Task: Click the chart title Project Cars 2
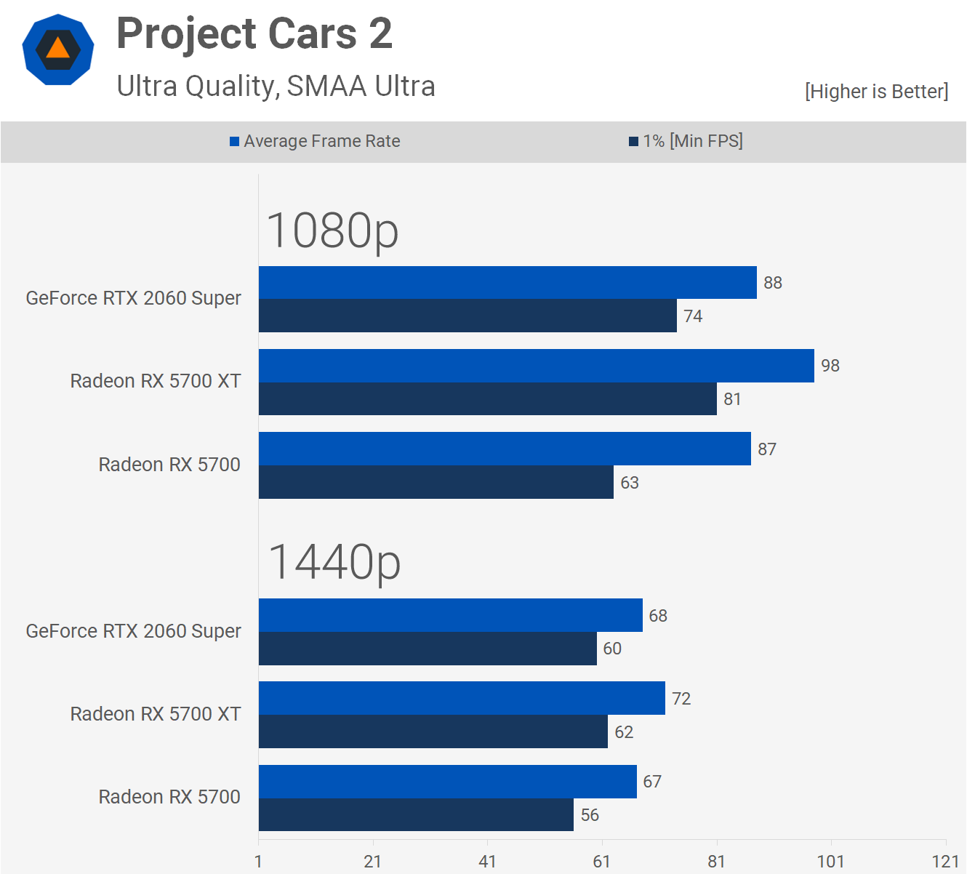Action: [254, 34]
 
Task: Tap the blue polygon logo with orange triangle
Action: [58, 49]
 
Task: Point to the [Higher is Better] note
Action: [876, 92]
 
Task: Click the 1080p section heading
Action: [332, 230]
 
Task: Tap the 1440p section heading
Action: [334, 562]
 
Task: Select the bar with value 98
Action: [536, 366]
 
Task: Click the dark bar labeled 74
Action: [468, 316]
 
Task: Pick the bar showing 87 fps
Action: [505, 449]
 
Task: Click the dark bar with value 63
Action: [436, 482]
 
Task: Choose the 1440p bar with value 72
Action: [462, 698]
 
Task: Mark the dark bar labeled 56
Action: [416, 814]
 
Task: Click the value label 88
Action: [773, 283]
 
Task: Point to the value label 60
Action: [612, 649]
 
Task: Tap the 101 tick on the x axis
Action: [830, 862]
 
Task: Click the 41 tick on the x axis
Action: [487, 862]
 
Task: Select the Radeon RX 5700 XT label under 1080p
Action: [155, 381]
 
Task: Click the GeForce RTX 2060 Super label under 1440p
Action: [133, 631]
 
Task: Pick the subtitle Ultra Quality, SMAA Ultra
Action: [276, 87]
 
